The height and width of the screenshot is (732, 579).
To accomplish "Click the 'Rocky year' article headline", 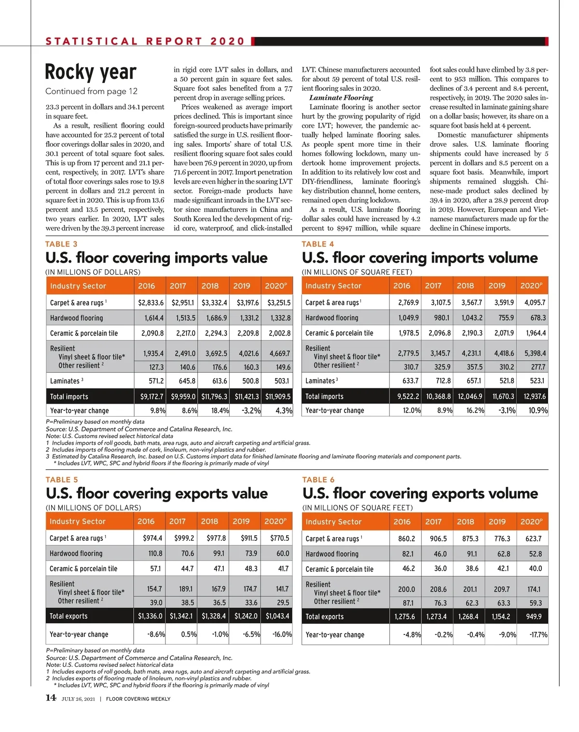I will tap(91, 72).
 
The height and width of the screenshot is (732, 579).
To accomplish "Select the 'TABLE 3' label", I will tap(61, 244).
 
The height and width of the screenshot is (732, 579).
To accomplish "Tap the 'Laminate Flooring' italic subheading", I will tap(341, 98).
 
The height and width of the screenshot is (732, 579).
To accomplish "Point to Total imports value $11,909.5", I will tap(277, 396).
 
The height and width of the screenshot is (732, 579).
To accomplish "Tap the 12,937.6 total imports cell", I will tap(533, 396).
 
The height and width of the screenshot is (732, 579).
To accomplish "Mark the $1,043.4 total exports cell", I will tap(277, 616).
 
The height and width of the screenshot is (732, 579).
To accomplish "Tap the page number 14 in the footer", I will tap(51, 698).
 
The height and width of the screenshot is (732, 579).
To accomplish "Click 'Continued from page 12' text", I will tap(91, 91).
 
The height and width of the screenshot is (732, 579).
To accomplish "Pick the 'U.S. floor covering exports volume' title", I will tap(420, 493).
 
